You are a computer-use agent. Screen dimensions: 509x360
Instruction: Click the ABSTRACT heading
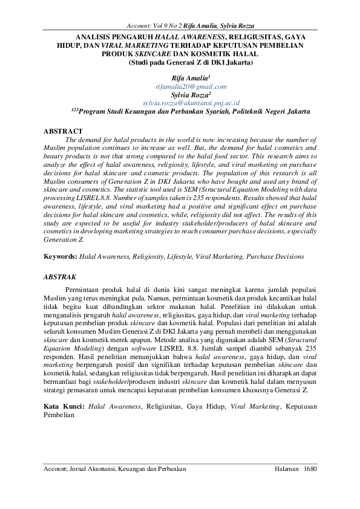point(64,131)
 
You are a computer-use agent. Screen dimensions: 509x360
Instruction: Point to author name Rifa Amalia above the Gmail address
point(190,78)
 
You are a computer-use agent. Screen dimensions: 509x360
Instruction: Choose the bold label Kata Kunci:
point(65,407)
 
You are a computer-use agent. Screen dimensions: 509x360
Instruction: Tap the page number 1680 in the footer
point(310,468)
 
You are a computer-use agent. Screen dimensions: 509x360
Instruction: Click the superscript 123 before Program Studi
point(74,109)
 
